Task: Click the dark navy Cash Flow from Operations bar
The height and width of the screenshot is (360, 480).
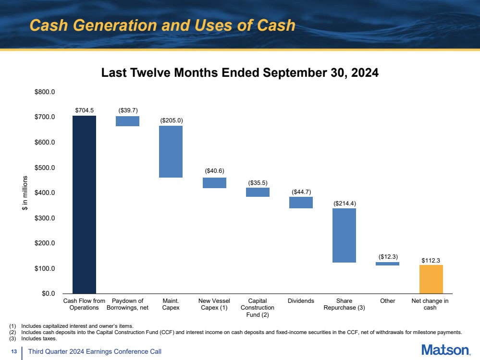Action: tap(84, 204)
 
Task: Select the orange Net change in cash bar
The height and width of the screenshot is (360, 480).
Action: tap(431, 279)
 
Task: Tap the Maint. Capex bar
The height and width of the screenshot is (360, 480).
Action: tap(171, 152)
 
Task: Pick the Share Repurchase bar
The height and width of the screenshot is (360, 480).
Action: tap(345, 235)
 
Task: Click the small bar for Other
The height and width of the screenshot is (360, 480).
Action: tap(388, 264)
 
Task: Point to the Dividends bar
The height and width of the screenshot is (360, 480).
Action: tap(301, 203)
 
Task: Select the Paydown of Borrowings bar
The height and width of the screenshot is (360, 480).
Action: tap(128, 121)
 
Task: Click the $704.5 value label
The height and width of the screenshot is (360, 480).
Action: tap(85, 110)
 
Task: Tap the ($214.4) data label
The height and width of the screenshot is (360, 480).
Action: tap(345, 204)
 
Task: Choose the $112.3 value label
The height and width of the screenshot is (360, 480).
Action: tap(431, 260)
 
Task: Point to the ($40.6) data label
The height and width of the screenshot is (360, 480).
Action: tap(215, 171)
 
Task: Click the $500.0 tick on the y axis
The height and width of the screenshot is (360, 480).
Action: tap(45, 168)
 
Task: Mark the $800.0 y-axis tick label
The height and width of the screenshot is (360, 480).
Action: tap(45, 92)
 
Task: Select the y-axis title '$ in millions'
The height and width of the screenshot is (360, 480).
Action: tap(25, 193)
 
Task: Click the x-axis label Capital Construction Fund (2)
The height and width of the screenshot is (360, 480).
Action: tap(258, 308)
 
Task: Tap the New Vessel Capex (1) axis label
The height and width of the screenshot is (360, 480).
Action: tap(214, 304)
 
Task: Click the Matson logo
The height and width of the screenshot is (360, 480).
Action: tap(446, 350)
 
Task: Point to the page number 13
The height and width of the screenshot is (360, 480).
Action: tap(14, 351)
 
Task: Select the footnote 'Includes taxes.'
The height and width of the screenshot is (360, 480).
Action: tap(39, 338)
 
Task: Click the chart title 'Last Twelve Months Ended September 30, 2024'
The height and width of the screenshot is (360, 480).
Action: tap(240, 73)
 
